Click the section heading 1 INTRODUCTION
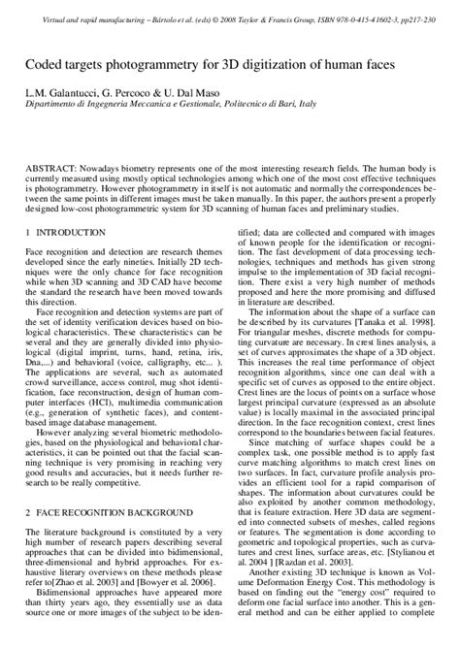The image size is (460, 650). pyautogui.click(x=64, y=233)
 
